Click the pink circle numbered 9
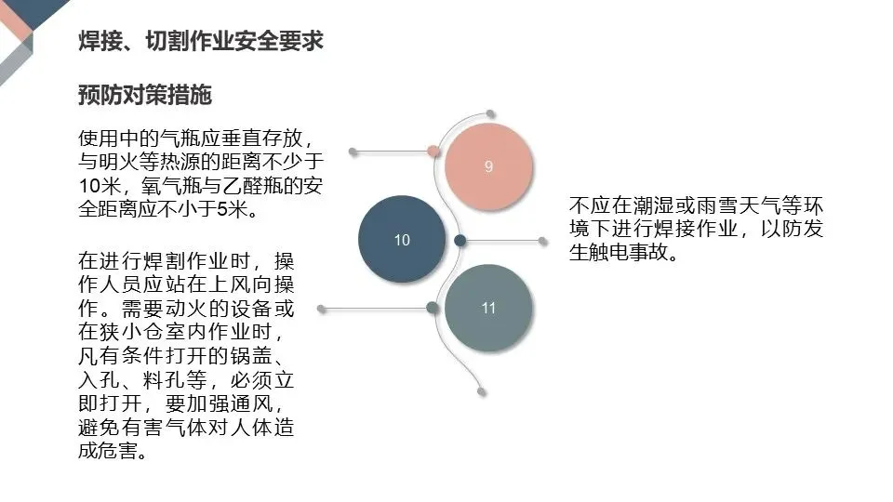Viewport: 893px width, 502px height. (488, 166)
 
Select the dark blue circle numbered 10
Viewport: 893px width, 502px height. (402, 240)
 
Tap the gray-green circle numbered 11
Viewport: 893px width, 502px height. (488, 308)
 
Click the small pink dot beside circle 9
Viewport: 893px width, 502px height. (433, 151)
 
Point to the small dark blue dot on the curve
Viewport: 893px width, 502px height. (460, 241)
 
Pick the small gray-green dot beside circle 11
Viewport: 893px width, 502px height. (433, 308)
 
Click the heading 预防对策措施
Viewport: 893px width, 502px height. (145, 95)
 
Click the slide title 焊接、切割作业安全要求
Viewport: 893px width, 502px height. (201, 42)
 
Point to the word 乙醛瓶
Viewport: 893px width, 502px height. (251, 185)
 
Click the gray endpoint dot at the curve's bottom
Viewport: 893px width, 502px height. (480, 391)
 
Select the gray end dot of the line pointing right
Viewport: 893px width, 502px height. (543, 241)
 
